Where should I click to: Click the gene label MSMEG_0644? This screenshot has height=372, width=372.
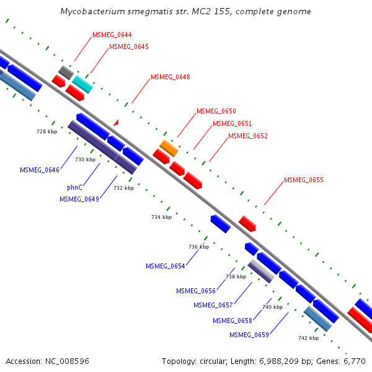[112, 35]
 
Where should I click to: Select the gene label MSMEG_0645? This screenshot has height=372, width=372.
[128, 46]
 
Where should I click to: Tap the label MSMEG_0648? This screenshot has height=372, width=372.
[170, 77]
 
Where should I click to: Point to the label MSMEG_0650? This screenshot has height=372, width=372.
[216, 111]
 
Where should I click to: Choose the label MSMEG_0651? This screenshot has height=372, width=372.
[232, 123]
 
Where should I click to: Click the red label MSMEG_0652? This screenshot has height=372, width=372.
[248, 136]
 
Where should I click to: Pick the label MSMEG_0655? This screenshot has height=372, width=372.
[304, 180]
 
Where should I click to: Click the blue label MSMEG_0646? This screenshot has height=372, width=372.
[40, 170]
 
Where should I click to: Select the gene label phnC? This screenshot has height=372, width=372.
[75, 187]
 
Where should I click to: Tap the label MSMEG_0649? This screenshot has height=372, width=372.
[79, 199]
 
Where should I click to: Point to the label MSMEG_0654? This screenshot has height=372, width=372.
[166, 266]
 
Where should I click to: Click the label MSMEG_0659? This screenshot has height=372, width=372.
[249, 335]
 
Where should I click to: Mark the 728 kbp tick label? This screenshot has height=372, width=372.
[46, 132]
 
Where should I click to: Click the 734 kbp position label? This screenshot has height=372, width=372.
[161, 217]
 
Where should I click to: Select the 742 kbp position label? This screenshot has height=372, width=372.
[308, 338]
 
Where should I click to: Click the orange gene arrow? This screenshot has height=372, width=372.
[169, 148]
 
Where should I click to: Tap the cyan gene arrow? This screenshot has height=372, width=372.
[82, 84]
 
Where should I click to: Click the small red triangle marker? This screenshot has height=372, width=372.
[116, 123]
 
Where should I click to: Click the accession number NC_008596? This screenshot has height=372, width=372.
[48, 361]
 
